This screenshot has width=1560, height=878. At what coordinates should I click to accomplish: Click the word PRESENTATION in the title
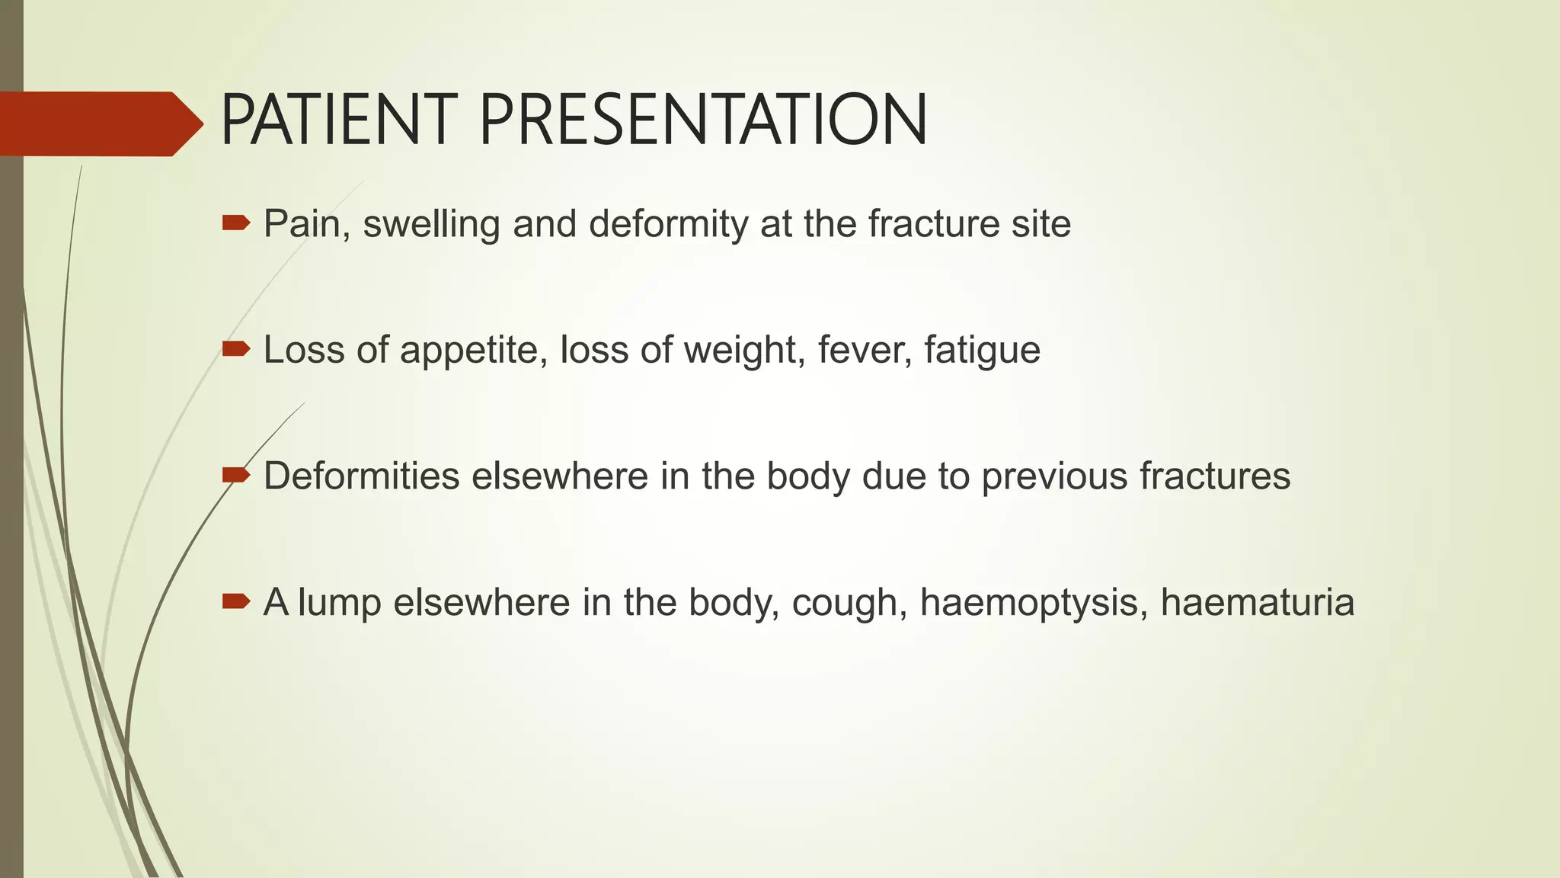click(703, 120)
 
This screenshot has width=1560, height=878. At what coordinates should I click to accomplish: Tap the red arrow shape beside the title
click(99, 123)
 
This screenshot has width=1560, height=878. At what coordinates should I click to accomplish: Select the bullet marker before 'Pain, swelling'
click(235, 223)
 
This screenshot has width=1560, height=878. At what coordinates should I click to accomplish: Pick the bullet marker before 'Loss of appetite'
click(235, 349)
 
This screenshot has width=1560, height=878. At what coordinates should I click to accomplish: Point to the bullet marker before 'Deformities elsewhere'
click(235, 476)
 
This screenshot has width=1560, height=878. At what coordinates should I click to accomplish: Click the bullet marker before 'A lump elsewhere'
click(235, 602)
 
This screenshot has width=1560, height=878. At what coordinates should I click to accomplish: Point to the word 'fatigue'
click(982, 351)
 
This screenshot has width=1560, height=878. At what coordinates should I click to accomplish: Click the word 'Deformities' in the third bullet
click(361, 476)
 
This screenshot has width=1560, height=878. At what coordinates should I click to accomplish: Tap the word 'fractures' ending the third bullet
click(1215, 476)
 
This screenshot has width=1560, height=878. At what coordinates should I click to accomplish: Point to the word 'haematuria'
click(1258, 603)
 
